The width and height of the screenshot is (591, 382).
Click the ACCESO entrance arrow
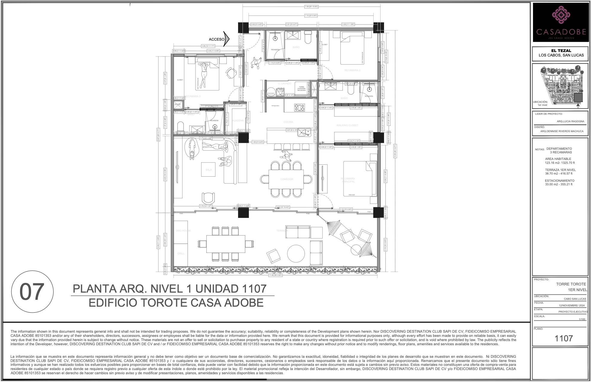click(x=226, y=39)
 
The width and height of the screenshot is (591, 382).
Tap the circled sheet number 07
click(x=32, y=292)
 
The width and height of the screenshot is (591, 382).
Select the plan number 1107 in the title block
click(x=563, y=338)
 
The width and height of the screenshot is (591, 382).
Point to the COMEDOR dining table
click(x=286, y=179)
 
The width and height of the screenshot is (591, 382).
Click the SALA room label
click(x=208, y=170)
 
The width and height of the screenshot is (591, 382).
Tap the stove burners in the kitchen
click(x=299, y=107)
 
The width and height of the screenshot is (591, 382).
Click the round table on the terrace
click(x=296, y=254)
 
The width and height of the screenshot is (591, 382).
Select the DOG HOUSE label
click(x=183, y=231)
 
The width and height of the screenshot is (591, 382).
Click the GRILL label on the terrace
click(x=181, y=253)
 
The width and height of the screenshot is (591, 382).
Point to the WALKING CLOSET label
click(x=347, y=125)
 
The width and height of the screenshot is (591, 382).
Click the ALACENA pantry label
click(x=238, y=120)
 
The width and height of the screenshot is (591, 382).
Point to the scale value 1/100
click(x=582, y=319)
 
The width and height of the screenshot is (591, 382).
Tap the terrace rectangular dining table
click(x=226, y=244)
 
